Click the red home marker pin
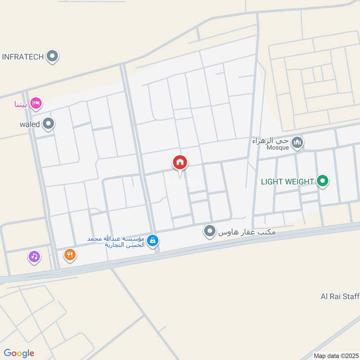tap(180, 163)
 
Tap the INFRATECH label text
tap(23, 57)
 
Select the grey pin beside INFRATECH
tap(53, 57)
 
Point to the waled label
tap(30, 123)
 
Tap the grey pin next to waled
tap(49, 123)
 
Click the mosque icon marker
tap(297, 143)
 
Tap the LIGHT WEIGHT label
tap(288, 182)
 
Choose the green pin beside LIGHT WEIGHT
tap(322, 182)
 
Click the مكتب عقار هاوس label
tap(247, 232)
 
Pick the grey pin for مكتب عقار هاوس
tap(209, 232)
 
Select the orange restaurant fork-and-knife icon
tap(69, 255)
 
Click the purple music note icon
tap(34, 256)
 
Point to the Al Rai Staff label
tap(340, 296)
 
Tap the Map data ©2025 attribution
tap(335, 355)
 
